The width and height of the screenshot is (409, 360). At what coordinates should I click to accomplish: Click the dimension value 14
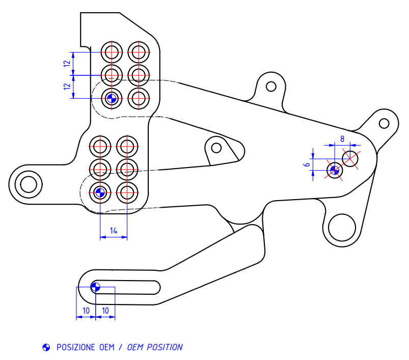point(114,231)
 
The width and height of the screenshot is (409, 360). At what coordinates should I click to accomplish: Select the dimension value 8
point(342,139)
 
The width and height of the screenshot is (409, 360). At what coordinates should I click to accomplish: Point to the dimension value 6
point(307,164)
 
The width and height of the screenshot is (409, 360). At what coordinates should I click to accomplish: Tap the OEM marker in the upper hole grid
point(112,98)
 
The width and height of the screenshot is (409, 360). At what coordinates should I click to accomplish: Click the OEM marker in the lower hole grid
point(100,192)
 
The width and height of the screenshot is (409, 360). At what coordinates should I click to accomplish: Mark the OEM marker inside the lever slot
point(95,287)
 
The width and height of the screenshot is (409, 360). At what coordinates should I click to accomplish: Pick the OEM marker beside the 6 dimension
point(334,171)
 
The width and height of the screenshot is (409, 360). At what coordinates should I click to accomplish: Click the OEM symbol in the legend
point(46,347)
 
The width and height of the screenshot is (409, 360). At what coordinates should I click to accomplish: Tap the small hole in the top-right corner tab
point(384,123)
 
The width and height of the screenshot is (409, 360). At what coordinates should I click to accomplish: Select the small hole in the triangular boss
point(216,148)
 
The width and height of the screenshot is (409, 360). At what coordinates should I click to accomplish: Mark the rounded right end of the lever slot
point(155,287)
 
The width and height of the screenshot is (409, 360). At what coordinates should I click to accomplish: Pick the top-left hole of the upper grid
point(112,51)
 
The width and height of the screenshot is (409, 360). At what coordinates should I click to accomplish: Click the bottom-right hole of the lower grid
point(127,192)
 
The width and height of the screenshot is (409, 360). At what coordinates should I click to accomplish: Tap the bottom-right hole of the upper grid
point(138,98)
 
